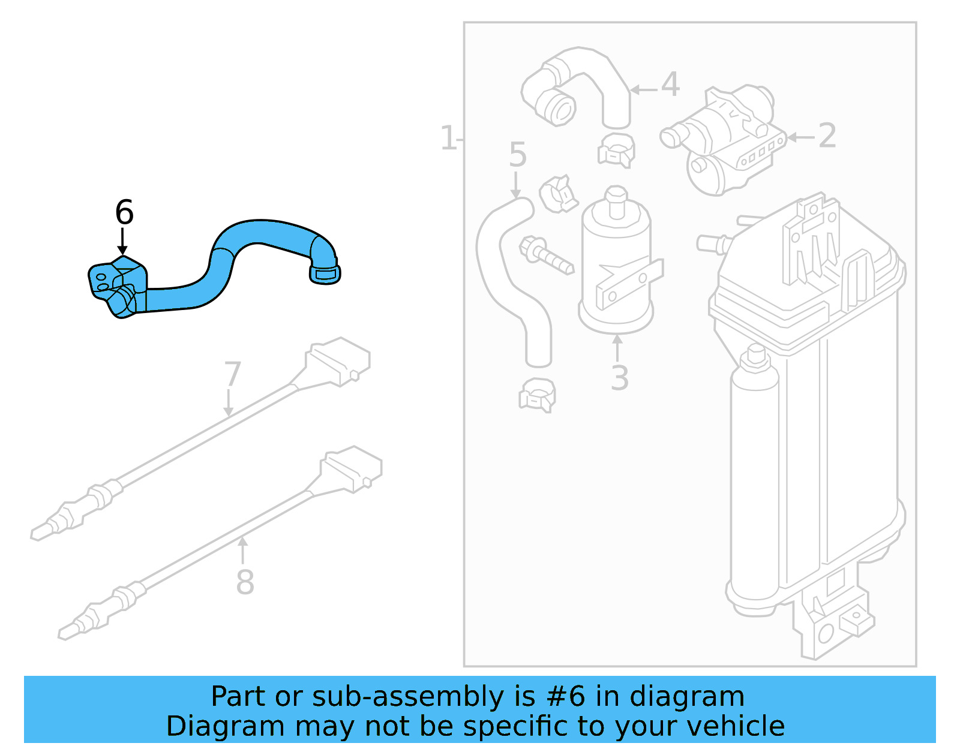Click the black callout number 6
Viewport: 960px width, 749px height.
point(124,212)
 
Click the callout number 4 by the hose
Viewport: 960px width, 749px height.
point(670,85)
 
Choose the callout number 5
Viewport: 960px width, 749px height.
point(517,155)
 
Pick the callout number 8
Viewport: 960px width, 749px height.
point(245,582)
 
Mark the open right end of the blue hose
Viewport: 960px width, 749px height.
point(325,273)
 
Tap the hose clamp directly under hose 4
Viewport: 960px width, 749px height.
point(616,150)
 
